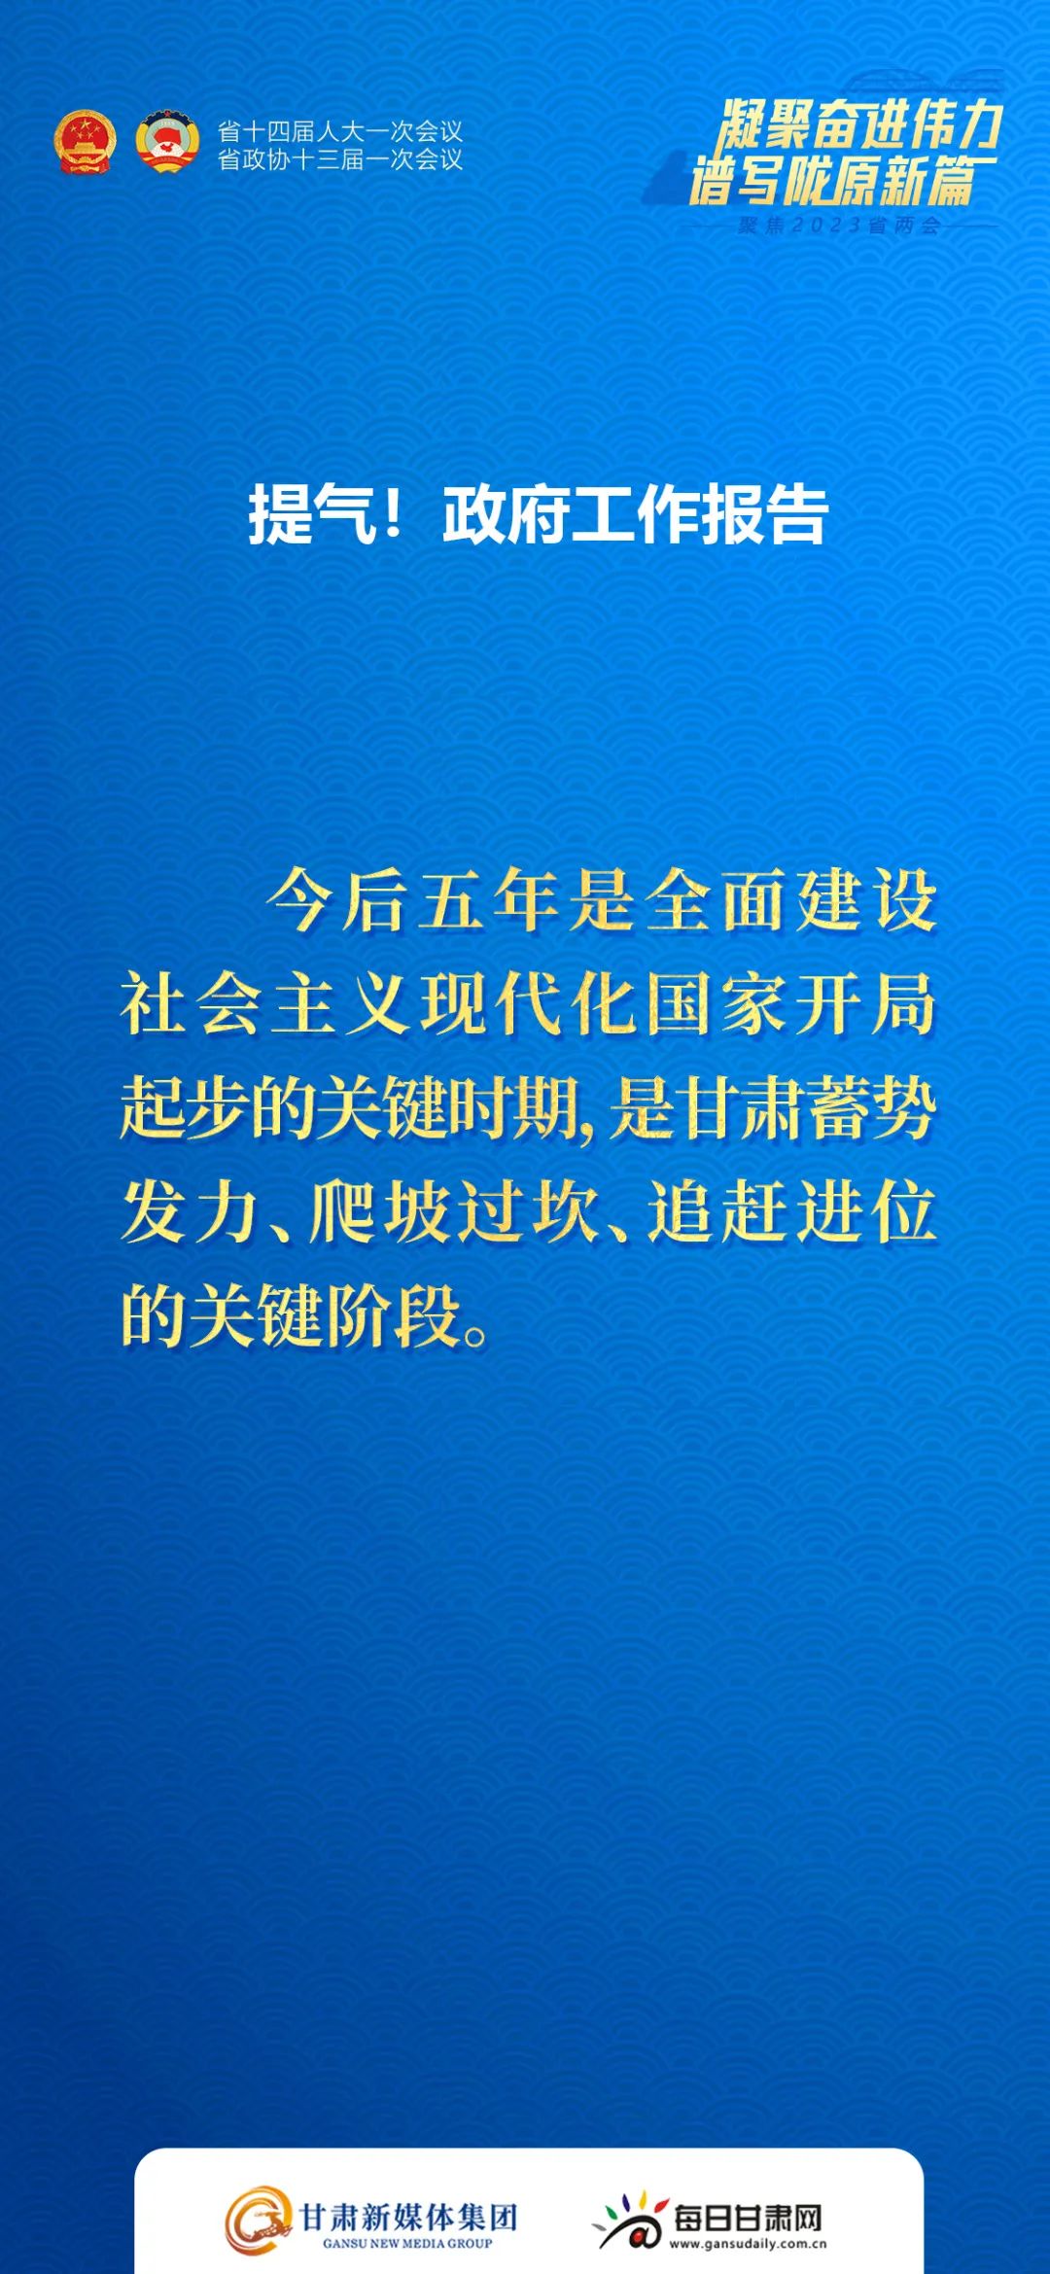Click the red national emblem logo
(85, 143)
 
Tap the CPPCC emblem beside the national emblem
(167, 143)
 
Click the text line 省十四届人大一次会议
(340, 131)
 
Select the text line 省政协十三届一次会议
(340, 159)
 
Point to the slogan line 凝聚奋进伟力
(859, 124)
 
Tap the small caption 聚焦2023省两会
(839, 226)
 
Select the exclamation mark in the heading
(393, 514)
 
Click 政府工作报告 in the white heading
(635, 514)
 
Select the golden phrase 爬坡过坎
(454, 1212)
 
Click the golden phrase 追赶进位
(791, 1212)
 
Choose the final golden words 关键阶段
(324, 1316)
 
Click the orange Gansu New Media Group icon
(259, 2220)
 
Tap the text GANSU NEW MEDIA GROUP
(407, 2244)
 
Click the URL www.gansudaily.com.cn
(748, 2244)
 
